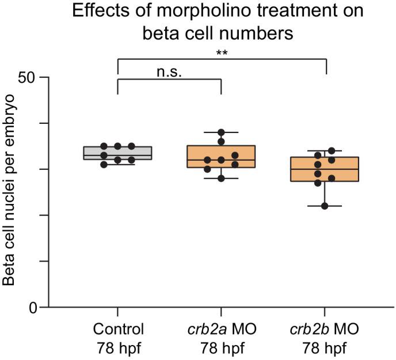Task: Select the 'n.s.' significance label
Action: pos(169,72)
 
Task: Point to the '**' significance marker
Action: pos(221,52)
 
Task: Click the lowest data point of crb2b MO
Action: pos(325,206)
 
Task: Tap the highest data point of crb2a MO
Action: pos(221,133)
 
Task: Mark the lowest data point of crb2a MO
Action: pos(221,178)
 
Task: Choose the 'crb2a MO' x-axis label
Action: pos(221,330)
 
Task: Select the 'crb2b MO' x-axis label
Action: pos(325,330)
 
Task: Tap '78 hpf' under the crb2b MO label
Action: pos(325,349)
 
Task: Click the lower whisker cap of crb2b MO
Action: pos(325,206)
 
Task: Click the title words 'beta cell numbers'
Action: pos(218,33)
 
